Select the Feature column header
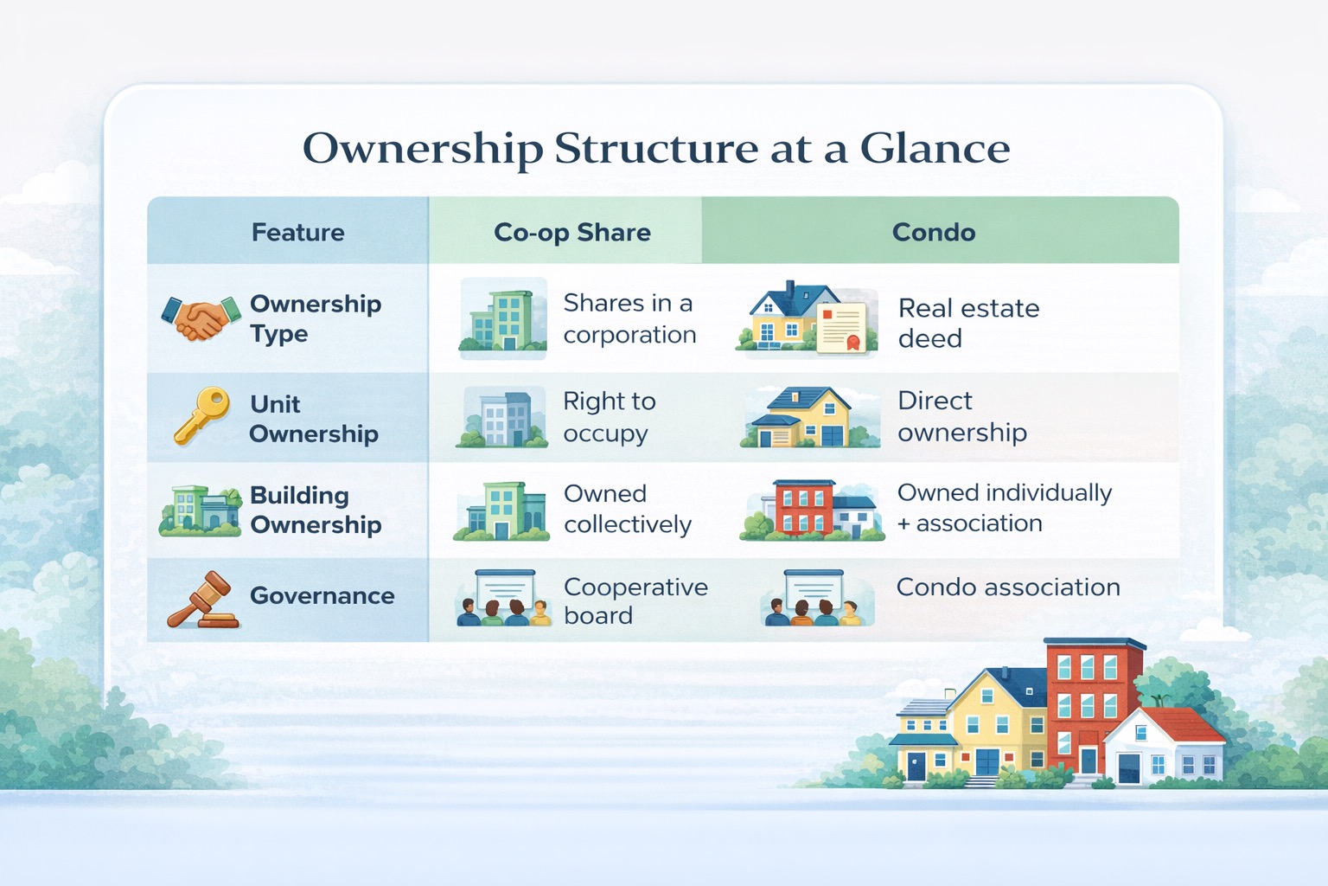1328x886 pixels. pos(297,232)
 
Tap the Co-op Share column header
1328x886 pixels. pos(571,232)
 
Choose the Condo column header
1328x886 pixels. pos(933,232)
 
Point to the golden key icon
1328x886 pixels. pos(202,414)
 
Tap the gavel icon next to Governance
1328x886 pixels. pos(204,600)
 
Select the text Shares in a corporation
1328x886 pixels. pos(629,318)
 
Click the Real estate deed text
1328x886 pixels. pos(967,323)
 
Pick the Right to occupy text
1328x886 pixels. pos(609,416)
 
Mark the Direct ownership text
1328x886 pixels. pos(961,416)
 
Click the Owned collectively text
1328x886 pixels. pos(627,509)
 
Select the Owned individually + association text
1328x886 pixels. pos(1004,508)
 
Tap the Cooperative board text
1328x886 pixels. pos(635,600)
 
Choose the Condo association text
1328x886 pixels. pos(1007,587)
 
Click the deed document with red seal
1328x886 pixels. pos(841,327)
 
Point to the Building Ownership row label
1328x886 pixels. pos(315,510)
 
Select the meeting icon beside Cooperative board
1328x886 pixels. pos(503,598)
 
